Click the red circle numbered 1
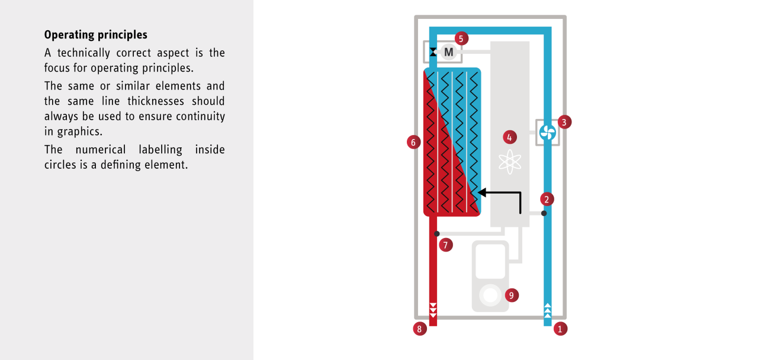560,329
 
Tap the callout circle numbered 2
548,199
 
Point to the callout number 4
509,137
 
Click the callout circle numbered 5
461,38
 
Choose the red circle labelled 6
414,142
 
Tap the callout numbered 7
446,244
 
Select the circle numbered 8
420,329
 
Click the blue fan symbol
548,132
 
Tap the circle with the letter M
449,52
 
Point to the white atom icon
509,162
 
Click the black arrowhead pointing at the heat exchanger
482,192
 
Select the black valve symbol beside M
433,52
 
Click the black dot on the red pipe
437,234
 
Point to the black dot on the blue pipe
544,213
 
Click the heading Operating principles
95,34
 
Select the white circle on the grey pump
490,294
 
